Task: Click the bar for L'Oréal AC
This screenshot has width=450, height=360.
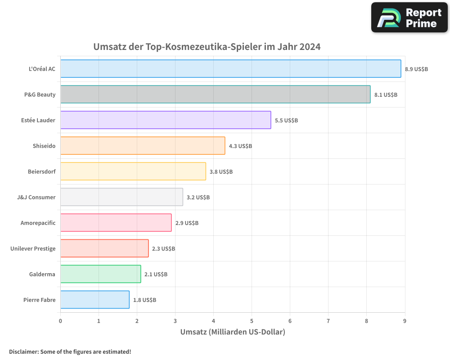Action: tap(230, 69)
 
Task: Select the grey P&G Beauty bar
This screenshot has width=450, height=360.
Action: tap(215, 94)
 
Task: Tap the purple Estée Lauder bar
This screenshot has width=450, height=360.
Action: tap(166, 120)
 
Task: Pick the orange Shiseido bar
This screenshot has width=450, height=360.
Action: tap(143, 146)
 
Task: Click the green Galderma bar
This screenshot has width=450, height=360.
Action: tap(100, 274)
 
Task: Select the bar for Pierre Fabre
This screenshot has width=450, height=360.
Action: tap(94, 300)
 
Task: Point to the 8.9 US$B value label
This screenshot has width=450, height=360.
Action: tap(416, 69)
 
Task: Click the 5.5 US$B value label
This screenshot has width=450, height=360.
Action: tap(286, 121)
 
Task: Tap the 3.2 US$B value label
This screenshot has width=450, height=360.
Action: tap(198, 198)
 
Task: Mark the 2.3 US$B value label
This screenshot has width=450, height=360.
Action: tap(163, 249)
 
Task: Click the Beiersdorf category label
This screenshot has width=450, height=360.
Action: tap(42, 171)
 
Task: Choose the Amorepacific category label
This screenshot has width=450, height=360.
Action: tap(38, 223)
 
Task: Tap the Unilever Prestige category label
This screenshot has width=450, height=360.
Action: tap(33, 248)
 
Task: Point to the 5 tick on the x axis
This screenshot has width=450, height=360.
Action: tap(252, 321)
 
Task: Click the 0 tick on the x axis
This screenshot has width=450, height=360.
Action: tap(60, 321)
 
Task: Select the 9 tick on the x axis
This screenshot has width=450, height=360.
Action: tap(405, 321)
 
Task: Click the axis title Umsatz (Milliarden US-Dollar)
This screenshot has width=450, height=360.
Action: tap(233, 332)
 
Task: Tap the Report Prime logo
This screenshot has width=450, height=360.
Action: tap(409, 18)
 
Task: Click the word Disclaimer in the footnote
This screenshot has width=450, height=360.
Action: tap(23, 351)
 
